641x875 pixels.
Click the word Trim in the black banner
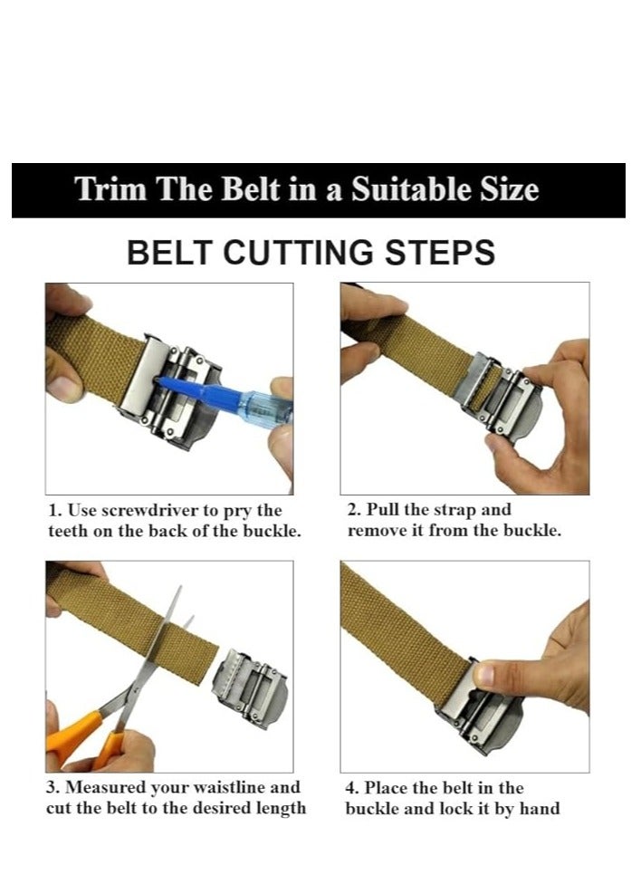(111, 189)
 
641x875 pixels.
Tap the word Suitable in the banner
(410, 189)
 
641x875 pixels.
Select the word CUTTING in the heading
(298, 252)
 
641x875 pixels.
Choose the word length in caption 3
(281, 809)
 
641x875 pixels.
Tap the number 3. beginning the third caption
(53, 787)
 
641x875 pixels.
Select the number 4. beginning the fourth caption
(352, 788)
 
